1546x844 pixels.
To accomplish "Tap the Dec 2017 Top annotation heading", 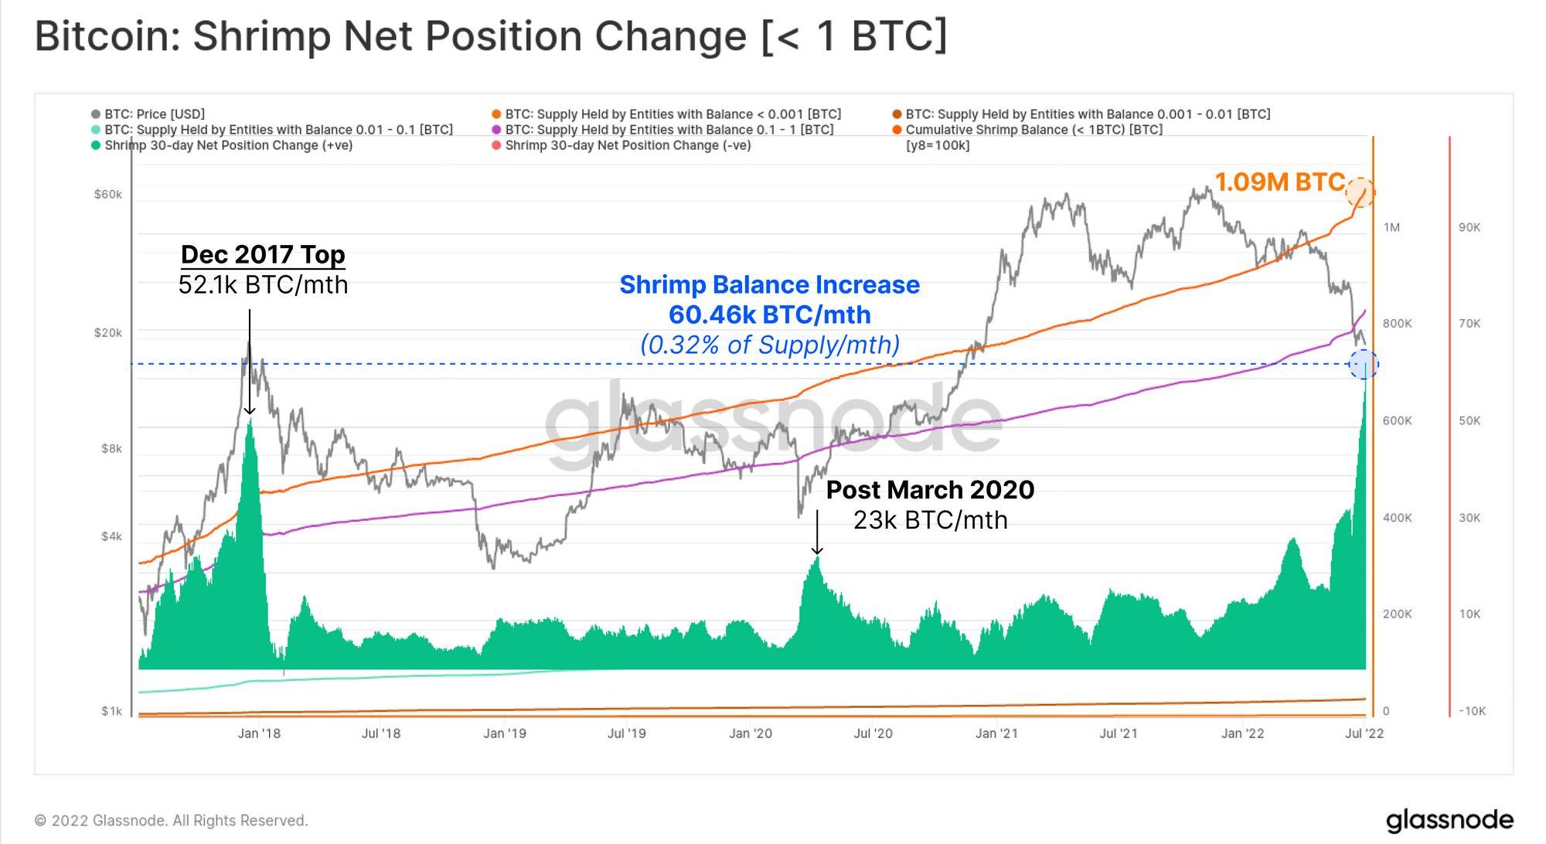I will click(x=263, y=254).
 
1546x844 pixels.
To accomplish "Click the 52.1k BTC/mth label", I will click(x=263, y=285).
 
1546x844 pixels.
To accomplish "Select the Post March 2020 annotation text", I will click(x=930, y=490).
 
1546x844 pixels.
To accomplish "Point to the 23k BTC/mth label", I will click(x=930, y=520).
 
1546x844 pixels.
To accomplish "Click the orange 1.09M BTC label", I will click(x=1279, y=182).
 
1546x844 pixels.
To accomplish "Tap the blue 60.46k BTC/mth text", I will click(x=769, y=315).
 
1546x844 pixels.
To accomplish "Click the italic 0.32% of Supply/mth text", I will click(x=769, y=345).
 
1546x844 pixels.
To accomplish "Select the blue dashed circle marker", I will click(x=1364, y=364).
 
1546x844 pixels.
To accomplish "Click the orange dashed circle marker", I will click(x=1360, y=191).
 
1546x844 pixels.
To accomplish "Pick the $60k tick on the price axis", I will click(x=108, y=195).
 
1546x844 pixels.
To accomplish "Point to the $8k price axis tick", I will click(x=111, y=449).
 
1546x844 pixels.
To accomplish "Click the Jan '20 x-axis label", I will click(x=751, y=733).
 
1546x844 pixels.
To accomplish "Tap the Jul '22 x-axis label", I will click(x=1364, y=733).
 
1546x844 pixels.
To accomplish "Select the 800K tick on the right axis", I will click(x=1397, y=324).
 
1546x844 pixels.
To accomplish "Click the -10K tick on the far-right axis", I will click(x=1472, y=711).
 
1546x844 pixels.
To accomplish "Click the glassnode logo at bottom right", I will click(x=1449, y=820).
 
